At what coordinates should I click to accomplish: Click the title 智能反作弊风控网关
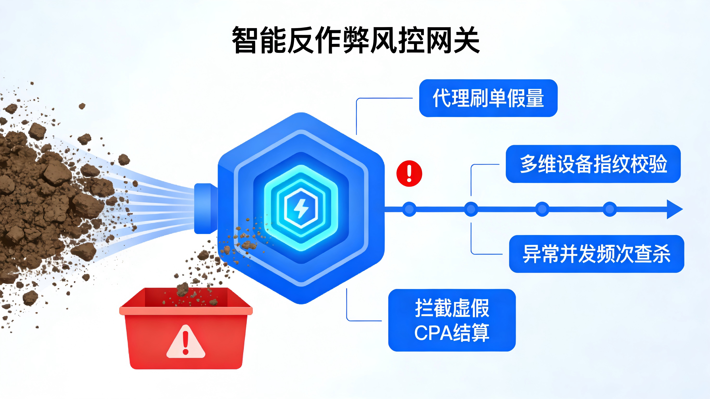tap(356, 40)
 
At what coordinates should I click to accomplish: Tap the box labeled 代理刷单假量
tap(488, 98)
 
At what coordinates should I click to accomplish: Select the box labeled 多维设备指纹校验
tap(593, 164)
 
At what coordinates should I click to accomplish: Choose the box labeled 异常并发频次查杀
tap(596, 254)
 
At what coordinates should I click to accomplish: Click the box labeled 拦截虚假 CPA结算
tap(452, 320)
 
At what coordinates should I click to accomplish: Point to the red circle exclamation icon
tap(409, 174)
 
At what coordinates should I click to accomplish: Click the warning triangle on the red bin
tap(185, 342)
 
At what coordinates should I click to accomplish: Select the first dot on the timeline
tap(409, 209)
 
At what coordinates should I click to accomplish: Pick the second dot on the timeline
tap(471, 209)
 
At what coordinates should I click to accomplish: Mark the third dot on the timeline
tap(542, 209)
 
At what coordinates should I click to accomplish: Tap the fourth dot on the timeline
tap(610, 209)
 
